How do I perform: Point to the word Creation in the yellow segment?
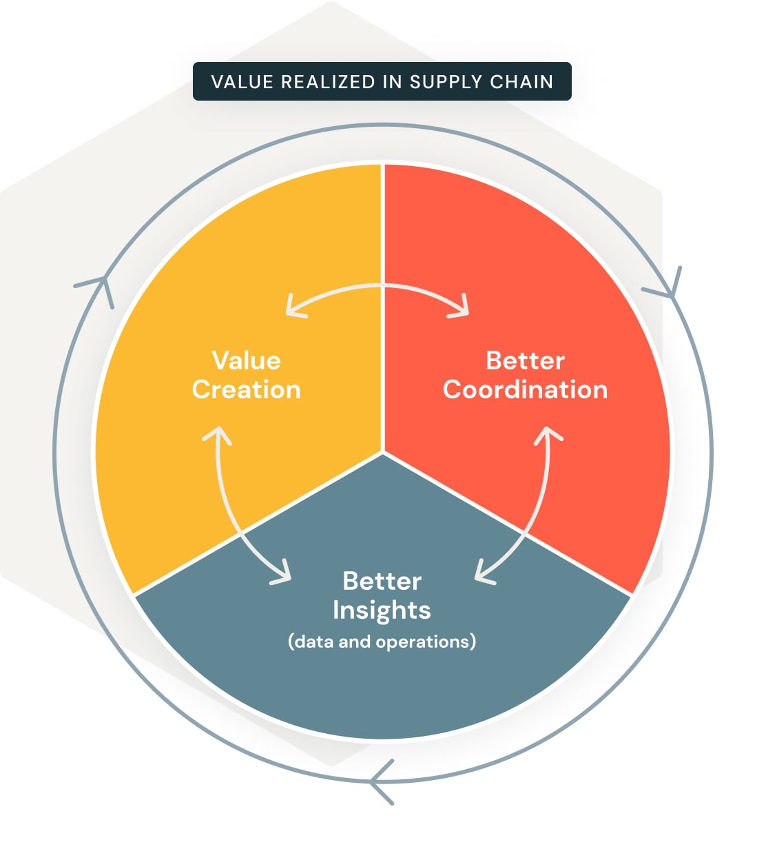(x=246, y=390)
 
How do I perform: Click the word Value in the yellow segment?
(x=246, y=360)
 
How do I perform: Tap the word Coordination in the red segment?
(x=525, y=390)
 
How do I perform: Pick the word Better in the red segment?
(x=525, y=360)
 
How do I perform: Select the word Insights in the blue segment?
(x=382, y=611)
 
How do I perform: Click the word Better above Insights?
(x=382, y=581)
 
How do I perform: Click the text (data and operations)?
(x=382, y=642)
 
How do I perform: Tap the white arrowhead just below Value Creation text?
(x=217, y=435)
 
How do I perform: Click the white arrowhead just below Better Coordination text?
(x=548, y=434)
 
